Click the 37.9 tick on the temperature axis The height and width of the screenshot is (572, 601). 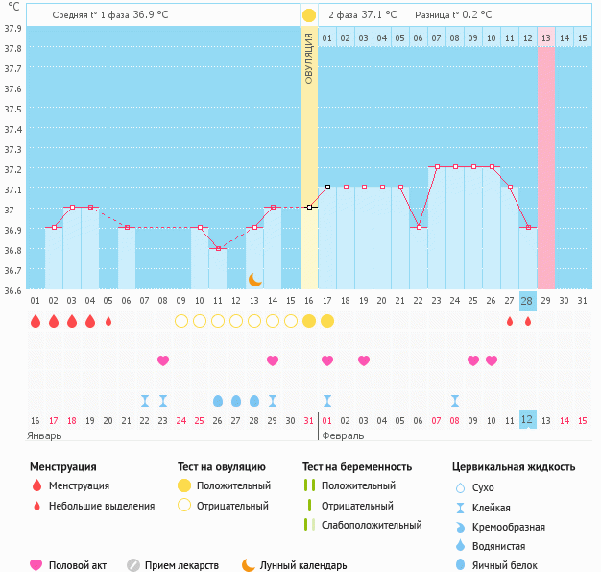tap(12, 28)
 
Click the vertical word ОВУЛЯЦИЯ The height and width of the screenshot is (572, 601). tap(309, 58)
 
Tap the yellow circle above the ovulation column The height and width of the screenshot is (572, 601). tap(309, 15)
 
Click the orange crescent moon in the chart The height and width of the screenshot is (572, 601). tap(254, 279)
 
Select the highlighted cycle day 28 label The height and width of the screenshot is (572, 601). tap(527, 301)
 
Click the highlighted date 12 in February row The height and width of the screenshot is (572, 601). tap(527, 420)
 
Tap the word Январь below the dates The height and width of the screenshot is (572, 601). tap(44, 435)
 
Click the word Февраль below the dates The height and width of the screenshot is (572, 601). tap(342, 435)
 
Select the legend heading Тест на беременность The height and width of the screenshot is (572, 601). tap(357, 467)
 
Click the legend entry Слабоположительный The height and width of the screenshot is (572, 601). tap(372, 525)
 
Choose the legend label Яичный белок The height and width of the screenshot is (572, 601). tap(512, 565)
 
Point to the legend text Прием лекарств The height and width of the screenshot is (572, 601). tap(181, 565)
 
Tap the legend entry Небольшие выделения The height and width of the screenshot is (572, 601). tap(102, 506)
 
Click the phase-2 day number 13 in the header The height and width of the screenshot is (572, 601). tap(545, 38)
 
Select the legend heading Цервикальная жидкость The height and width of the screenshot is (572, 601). tap(514, 467)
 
